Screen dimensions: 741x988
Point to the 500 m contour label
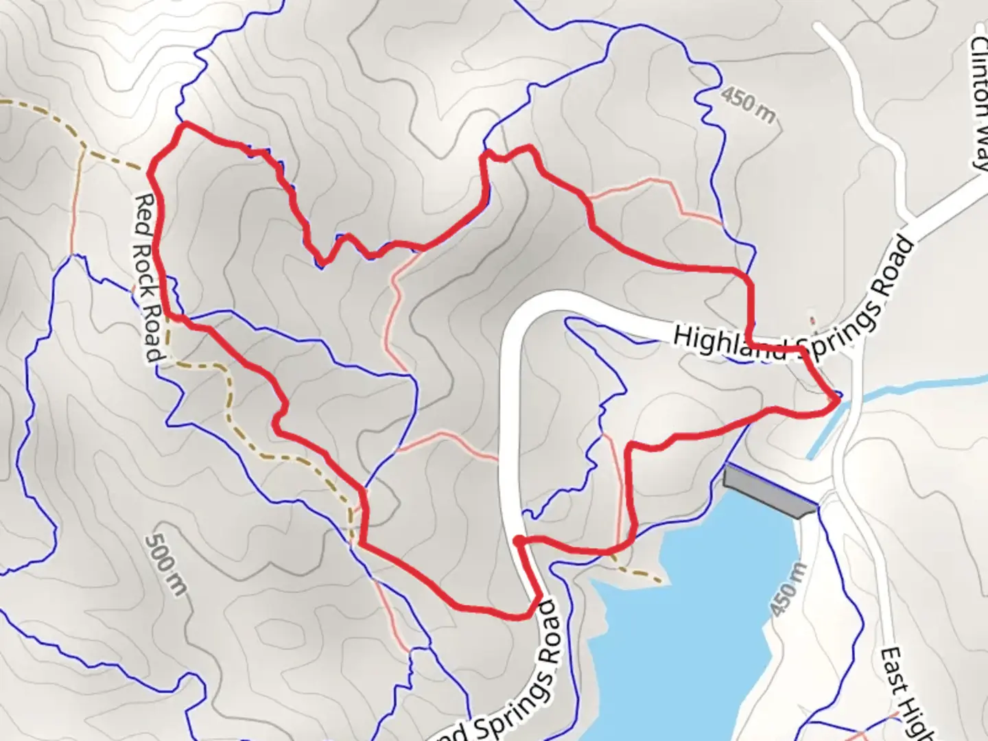pyautogui.click(x=166, y=564)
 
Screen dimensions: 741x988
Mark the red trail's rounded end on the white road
pyautogui.click(x=519, y=542)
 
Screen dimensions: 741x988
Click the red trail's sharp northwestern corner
pyautogui.click(x=184, y=125)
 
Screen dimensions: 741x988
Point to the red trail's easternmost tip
pyautogui.click(x=838, y=398)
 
